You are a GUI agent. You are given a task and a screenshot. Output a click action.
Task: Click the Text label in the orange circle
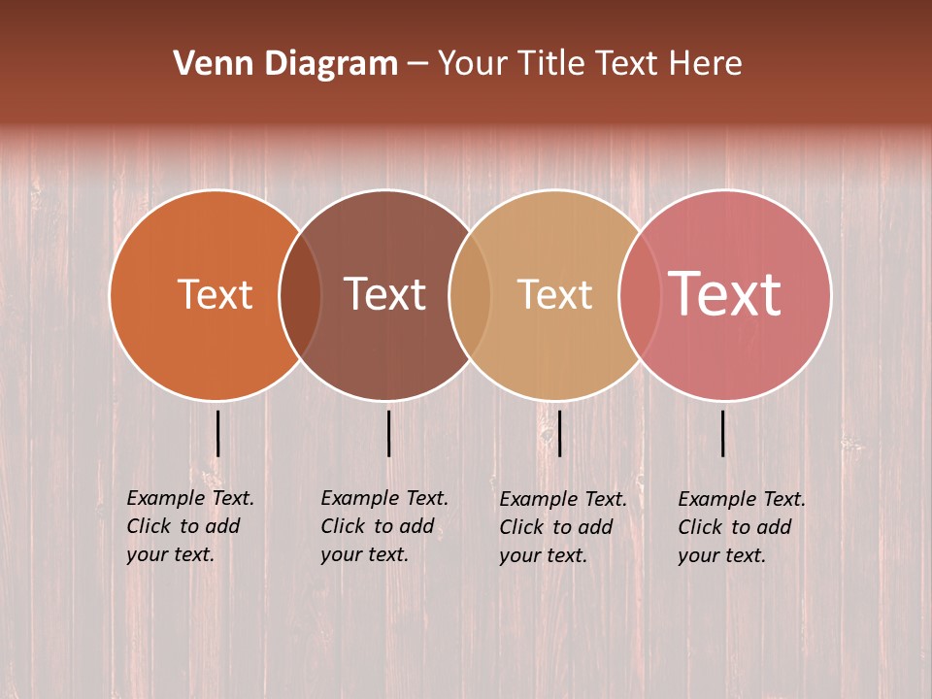coord(215,294)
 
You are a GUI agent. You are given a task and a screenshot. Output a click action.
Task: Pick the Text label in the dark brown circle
coord(384,294)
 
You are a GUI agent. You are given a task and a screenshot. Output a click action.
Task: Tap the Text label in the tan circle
coord(554,294)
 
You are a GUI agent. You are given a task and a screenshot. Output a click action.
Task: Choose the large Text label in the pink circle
coord(724,294)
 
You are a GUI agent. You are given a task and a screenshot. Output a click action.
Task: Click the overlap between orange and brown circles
coord(300,294)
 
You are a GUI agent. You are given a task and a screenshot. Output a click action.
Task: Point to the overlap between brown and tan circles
coord(470,294)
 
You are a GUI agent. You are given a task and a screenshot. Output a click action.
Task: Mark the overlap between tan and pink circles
coord(640,294)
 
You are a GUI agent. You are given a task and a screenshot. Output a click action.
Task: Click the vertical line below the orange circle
coord(217,433)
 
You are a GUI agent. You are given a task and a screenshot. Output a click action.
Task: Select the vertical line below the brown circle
coord(388,433)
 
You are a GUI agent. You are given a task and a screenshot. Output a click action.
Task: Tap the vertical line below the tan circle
coord(559,433)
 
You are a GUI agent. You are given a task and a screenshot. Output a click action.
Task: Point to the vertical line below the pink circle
coord(723,433)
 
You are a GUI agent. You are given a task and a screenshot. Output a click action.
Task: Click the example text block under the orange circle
coord(190,526)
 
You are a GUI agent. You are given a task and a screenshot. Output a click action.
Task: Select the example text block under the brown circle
coord(384,526)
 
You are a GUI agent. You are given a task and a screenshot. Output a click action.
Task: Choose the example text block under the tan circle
coord(563,527)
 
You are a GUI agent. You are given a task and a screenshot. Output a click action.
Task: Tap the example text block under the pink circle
coord(742,527)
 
